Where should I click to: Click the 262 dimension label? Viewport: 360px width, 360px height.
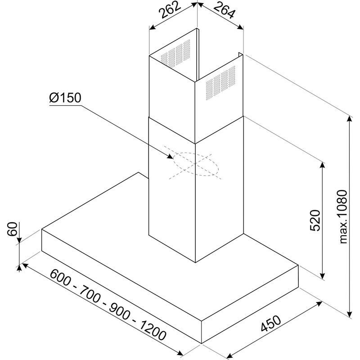[170, 10]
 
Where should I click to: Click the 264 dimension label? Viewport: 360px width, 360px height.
[225, 10]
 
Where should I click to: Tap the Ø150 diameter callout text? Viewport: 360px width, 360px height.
[65, 98]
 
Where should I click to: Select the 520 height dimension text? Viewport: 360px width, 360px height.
[315, 220]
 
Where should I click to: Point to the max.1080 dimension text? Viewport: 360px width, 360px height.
[343, 216]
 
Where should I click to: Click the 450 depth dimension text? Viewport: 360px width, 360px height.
[271, 323]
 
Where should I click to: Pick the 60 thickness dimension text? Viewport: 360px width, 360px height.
[12, 229]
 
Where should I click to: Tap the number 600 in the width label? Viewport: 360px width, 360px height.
[60, 278]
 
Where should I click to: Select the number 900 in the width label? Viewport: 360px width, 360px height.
[120, 312]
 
